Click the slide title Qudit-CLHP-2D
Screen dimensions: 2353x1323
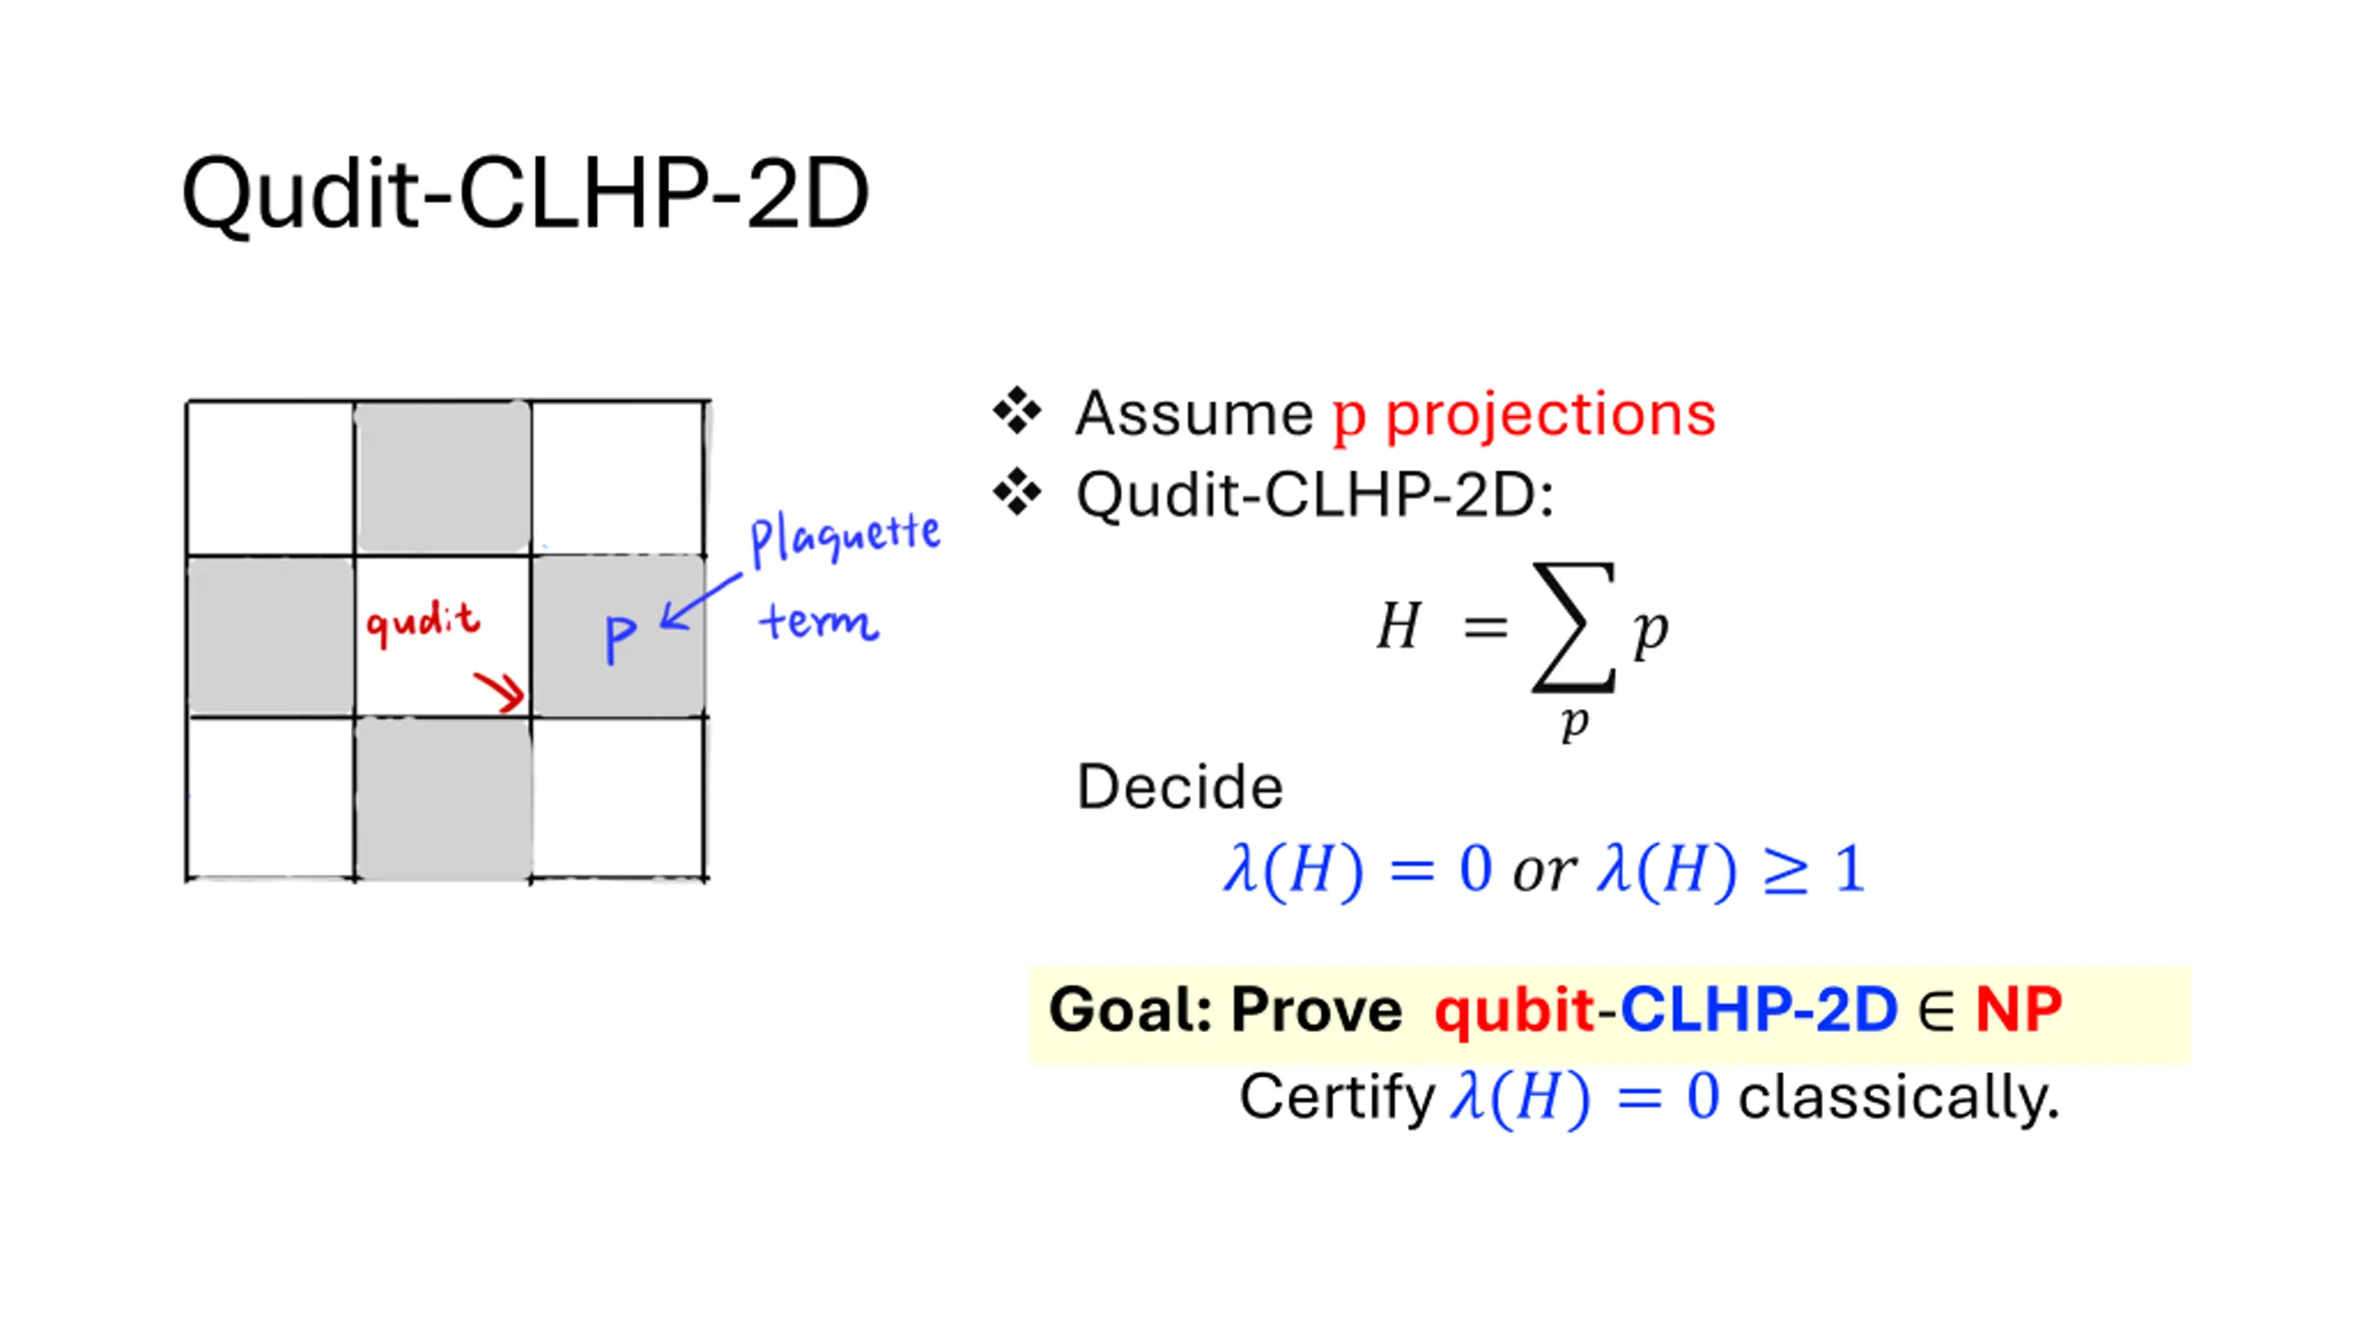tap(525, 194)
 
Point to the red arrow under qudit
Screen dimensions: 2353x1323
tap(500, 692)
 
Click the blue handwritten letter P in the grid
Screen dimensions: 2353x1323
tap(620, 638)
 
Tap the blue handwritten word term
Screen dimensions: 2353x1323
tap(818, 622)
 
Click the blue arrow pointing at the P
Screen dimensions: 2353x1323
tap(700, 603)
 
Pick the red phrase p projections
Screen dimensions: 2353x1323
tap(1524, 415)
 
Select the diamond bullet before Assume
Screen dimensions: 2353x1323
tap(1017, 411)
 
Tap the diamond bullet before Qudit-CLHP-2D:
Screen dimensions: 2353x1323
tap(1017, 492)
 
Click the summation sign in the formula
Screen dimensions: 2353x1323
tap(1573, 627)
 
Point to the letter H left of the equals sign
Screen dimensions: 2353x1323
tap(1399, 626)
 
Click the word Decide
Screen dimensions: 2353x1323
tap(1179, 787)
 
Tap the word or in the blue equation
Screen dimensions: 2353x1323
tap(1544, 871)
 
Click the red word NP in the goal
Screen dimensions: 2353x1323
tap(2019, 1010)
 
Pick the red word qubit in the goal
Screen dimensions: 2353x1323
tap(1514, 1010)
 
